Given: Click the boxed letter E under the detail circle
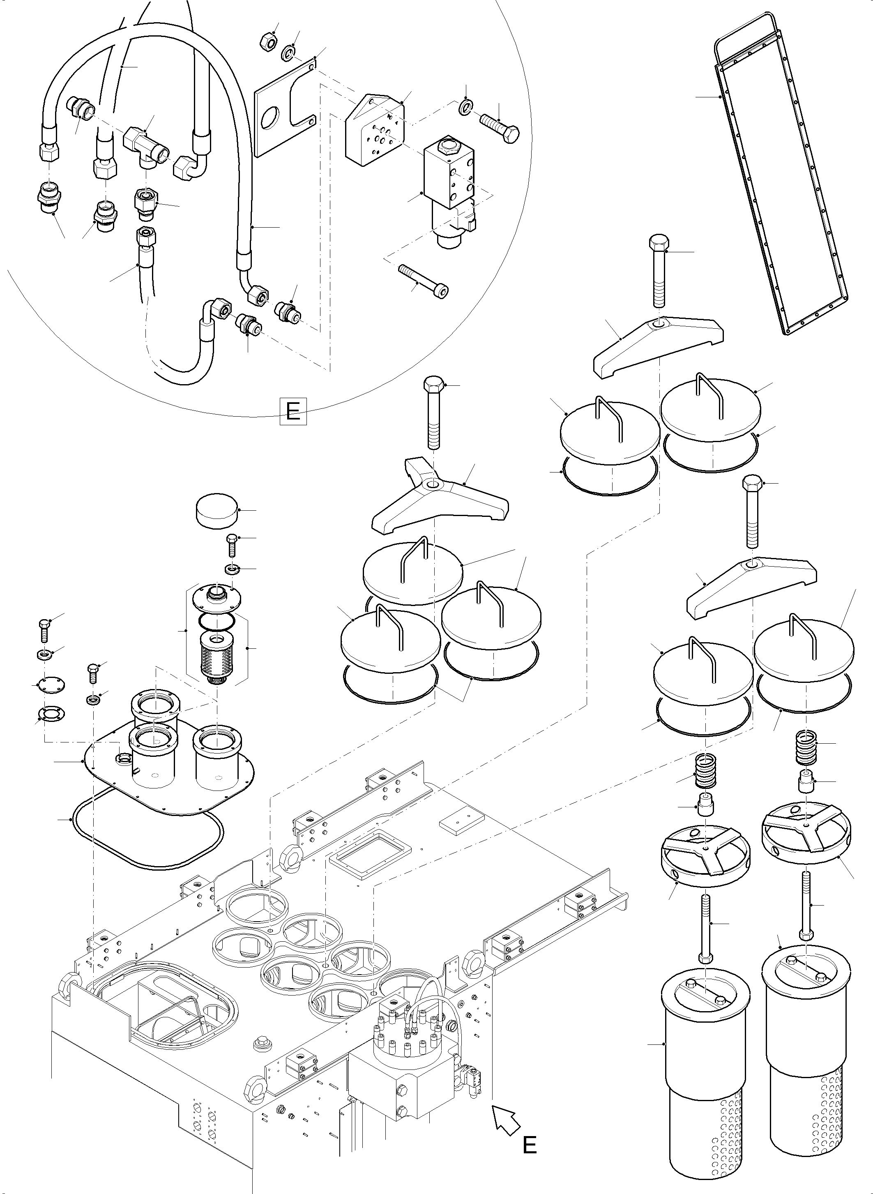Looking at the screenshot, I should pos(293,411).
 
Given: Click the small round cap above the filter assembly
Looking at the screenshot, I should pos(216,509).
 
